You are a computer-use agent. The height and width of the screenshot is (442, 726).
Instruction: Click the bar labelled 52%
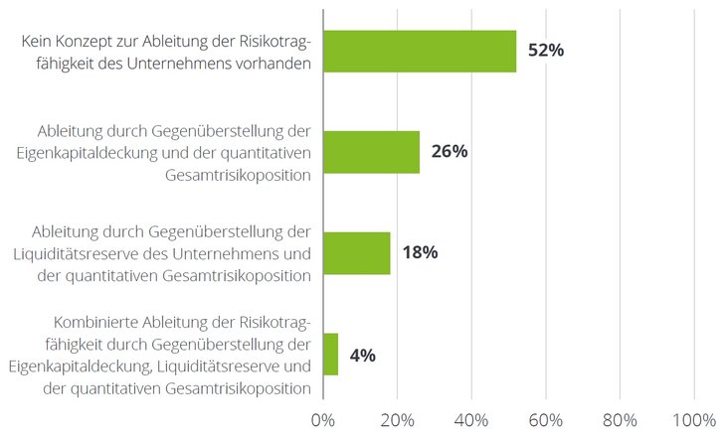(x=420, y=51)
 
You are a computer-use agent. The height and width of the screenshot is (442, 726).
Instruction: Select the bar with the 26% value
(x=371, y=152)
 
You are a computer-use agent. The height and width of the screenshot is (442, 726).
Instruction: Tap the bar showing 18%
(x=356, y=253)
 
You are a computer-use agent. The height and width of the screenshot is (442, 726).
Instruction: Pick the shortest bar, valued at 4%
(x=330, y=355)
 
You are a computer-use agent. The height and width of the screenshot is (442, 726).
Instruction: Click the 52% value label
(x=546, y=51)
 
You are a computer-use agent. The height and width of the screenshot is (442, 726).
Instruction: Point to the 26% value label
(x=450, y=152)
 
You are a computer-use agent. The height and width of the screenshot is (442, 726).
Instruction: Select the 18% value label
(x=420, y=253)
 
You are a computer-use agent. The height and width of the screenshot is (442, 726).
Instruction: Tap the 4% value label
(x=362, y=355)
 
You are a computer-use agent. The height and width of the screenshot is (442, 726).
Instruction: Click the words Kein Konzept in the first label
(x=63, y=41)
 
